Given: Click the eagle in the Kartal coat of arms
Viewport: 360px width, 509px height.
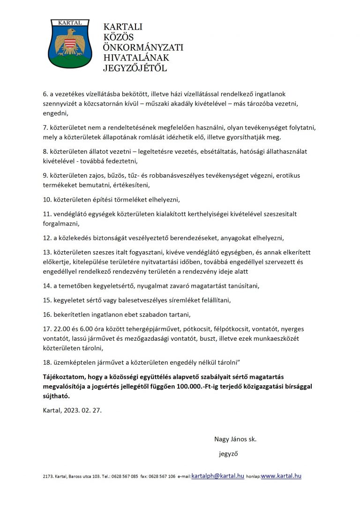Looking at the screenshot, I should (71, 42).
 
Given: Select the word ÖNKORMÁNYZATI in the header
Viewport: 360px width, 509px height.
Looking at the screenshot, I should (143, 48).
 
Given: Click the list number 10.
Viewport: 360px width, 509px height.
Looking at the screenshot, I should (46, 199).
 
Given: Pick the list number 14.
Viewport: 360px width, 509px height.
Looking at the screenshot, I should (46, 285).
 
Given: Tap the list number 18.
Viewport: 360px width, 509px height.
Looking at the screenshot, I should (46, 363).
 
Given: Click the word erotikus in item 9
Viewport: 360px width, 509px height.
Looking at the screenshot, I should (287, 175).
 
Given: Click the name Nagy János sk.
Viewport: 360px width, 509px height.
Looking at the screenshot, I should (235, 439).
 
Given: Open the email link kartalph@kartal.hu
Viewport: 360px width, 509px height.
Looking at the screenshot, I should (218, 476).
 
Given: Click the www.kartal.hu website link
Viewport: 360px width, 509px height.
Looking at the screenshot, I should (281, 476).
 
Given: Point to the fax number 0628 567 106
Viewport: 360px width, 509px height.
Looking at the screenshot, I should (163, 477).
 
